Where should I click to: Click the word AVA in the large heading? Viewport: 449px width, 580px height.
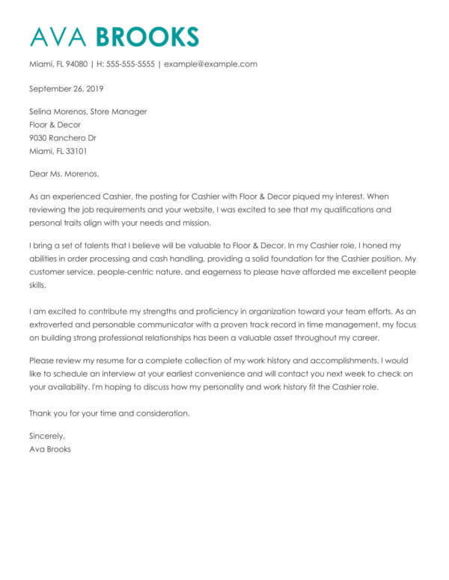[55, 36]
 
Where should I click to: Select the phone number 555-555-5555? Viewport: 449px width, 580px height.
[131, 64]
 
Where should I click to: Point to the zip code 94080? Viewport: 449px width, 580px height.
[76, 64]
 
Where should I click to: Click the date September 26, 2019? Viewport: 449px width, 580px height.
[66, 88]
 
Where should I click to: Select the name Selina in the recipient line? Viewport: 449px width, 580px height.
[41, 111]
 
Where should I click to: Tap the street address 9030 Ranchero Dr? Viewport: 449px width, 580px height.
[62, 138]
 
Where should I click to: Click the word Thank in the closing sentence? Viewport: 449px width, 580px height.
[40, 413]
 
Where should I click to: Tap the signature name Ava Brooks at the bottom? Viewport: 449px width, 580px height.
[50, 449]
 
